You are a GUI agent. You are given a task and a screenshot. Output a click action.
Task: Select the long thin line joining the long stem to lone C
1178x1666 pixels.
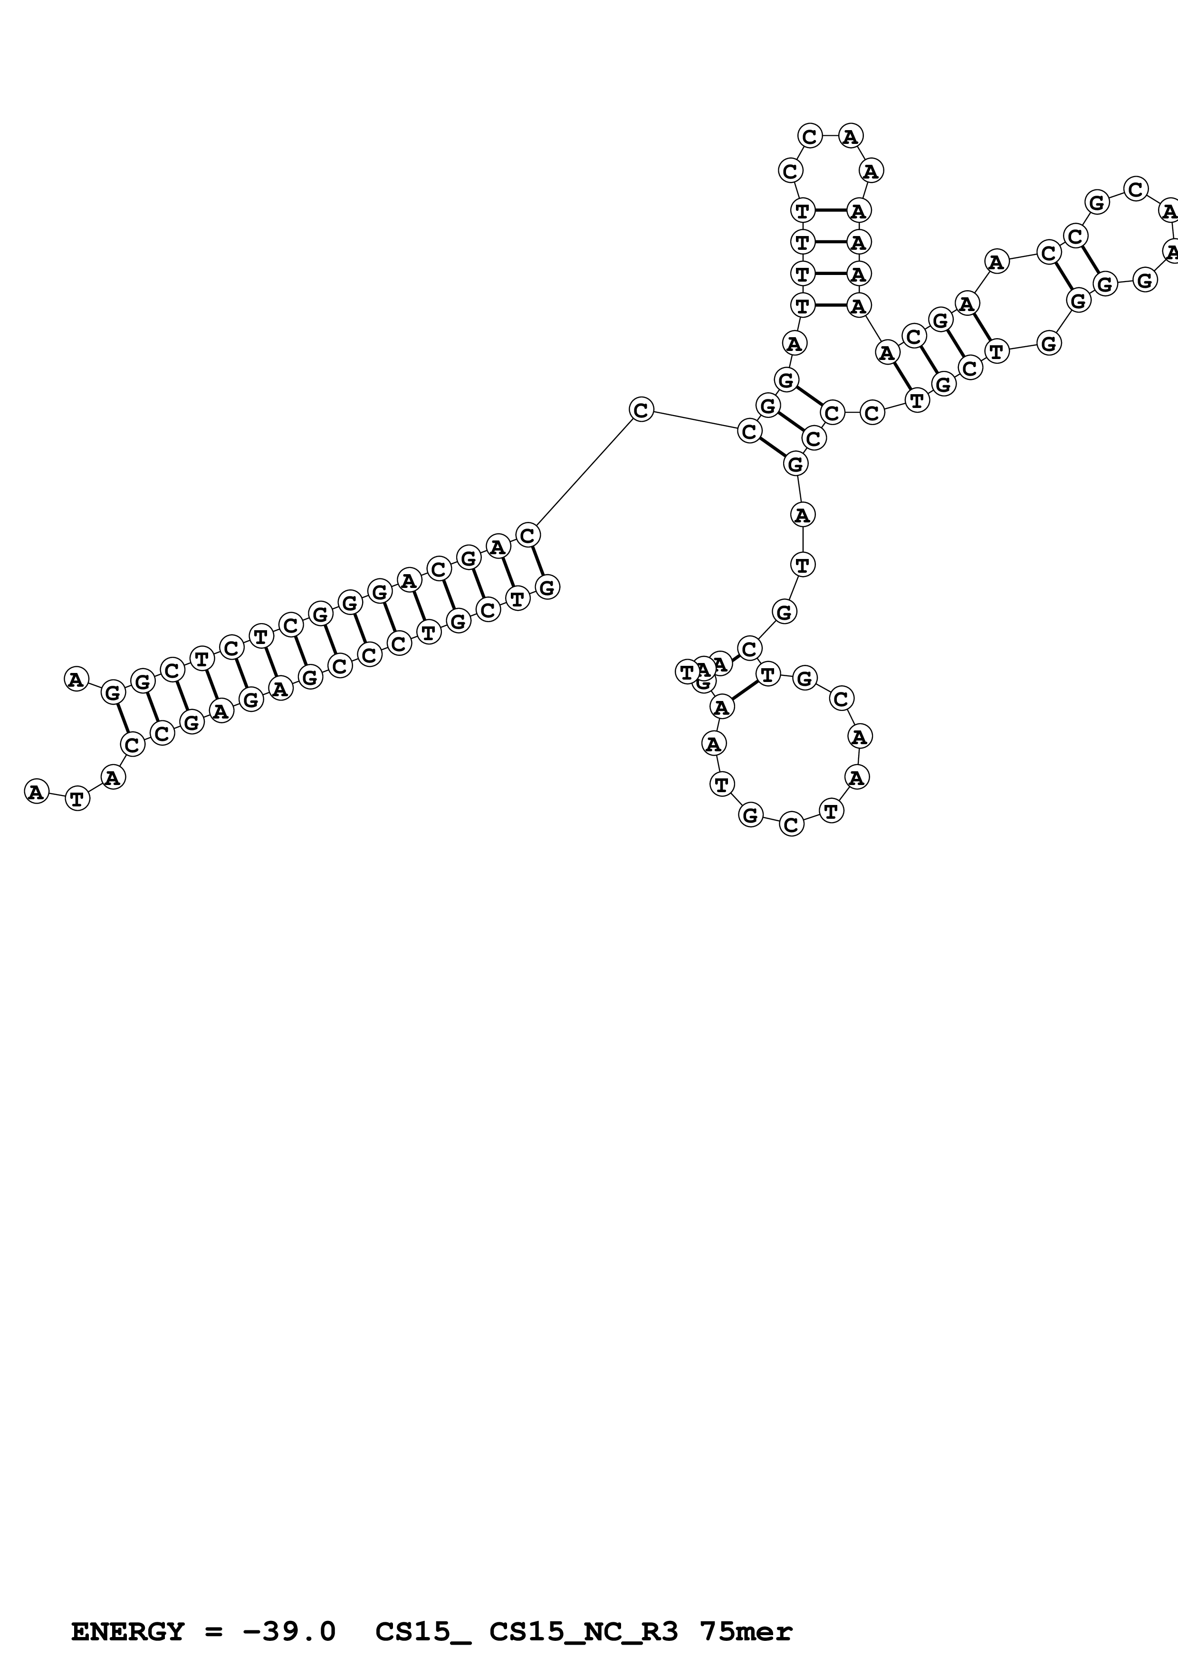[x=584, y=473]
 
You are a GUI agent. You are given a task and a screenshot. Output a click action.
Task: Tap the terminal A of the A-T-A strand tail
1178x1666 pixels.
[x=36, y=791]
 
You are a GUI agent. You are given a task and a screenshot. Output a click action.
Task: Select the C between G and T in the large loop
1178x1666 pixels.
[x=791, y=825]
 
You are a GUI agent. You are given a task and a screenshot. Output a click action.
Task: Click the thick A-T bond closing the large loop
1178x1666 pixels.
[x=744, y=691]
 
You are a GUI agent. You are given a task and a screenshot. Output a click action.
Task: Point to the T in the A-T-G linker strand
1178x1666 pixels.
[x=802, y=564]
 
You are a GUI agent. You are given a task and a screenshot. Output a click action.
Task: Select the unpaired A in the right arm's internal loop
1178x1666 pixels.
[x=996, y=261]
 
